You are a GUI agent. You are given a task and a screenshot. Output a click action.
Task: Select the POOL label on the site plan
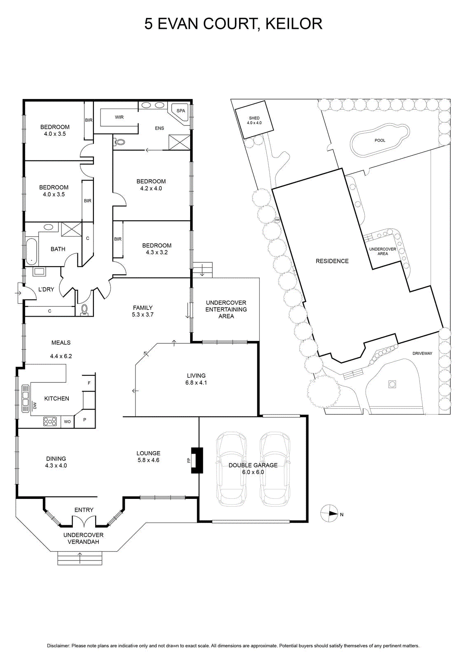pyautogui.click(x=380, y=140)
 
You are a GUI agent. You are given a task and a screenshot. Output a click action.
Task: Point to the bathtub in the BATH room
pyautogui.click(x=31, y=251)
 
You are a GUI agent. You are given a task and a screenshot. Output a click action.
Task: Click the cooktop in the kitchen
pyautogui.click(x=50, y=422)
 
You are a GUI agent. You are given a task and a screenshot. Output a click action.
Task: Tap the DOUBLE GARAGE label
pyautogui.click(x=253, y=465)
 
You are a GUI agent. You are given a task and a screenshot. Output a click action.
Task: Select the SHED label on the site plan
pyautogui.click(x=254, y=118)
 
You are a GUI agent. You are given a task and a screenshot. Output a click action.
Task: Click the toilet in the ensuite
pyautogui.click(x=120, y=142)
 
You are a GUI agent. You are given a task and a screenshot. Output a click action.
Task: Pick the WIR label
pyautogui.click(x=119, y=117)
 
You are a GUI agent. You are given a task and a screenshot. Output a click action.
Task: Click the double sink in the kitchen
pyautogui.click(x=26, y=399)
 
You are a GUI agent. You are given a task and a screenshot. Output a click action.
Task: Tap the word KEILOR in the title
pyautogui.click(x=294, y=24)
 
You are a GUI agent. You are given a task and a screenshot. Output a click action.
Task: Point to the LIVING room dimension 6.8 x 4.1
pyautogui.click(x=196, y=382)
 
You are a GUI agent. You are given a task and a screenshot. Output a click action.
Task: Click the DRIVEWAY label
pyautogui.click(x=422, y=353)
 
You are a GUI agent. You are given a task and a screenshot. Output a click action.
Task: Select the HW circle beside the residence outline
pyautogui.click(x=277, y=220)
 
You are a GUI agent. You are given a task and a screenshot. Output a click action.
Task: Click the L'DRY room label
pyautogui.click(x=46, y=290)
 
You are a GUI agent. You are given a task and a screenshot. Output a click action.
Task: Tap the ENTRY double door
pyautogui.click(x=84, y=525)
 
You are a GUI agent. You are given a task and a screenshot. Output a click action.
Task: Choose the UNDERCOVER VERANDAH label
pyautogui.click(x=84, y=538)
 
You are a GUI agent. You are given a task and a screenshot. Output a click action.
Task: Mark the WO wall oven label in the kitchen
pyautogui.click(x=68, y=422)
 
